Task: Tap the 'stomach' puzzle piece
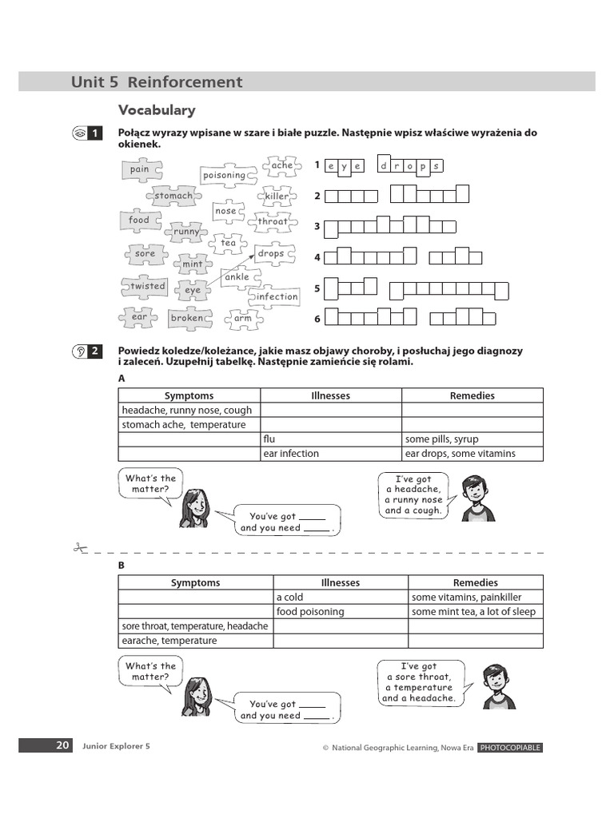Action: click(x=173, y=196)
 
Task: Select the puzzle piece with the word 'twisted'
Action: click(x=148, y=286)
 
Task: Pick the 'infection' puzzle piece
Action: click(x=276, y=296)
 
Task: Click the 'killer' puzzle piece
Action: click(x=277, y=196)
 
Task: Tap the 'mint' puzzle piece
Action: click(x=193, y=264)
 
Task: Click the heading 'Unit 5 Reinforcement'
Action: click(x=157, y=81)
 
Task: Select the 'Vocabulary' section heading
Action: click(x=157, y=110)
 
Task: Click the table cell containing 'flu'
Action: click(x=331, y=439)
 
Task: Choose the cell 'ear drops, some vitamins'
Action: click(x=472, y=454)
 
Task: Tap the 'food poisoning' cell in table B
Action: click(x=341, y=612)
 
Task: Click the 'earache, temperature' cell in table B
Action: click(x=196, y=641)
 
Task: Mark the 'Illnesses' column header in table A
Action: click(x=331, y=395)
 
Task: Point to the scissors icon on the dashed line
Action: click(x=78, y=548)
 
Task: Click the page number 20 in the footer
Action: click(x=62, y=745)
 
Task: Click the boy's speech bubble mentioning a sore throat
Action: click(x=419, y=681)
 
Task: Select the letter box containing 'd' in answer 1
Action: click(x=384, y=166)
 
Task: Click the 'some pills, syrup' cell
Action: click(x=472, y=439)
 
